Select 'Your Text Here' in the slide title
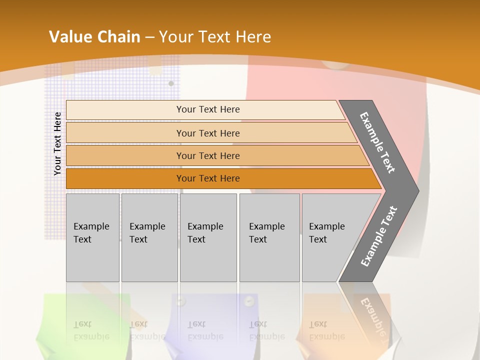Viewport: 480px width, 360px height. click(214, 37)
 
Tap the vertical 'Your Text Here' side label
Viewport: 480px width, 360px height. click(57, 143)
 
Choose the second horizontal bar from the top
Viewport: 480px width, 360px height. click(207, 133)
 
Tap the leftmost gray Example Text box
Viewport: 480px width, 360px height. click(92, 237)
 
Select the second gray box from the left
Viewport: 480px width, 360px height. click(149, 237)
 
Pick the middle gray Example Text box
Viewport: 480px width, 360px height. click(208, 237)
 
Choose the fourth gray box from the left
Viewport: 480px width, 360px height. click(269, 237)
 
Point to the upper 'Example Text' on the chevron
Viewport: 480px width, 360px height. click(377, 142)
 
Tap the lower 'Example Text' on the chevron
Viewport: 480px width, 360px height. click(378, 236)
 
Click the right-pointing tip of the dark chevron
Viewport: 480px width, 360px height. click(416, 190)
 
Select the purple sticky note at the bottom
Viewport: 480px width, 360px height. click(210, 320)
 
